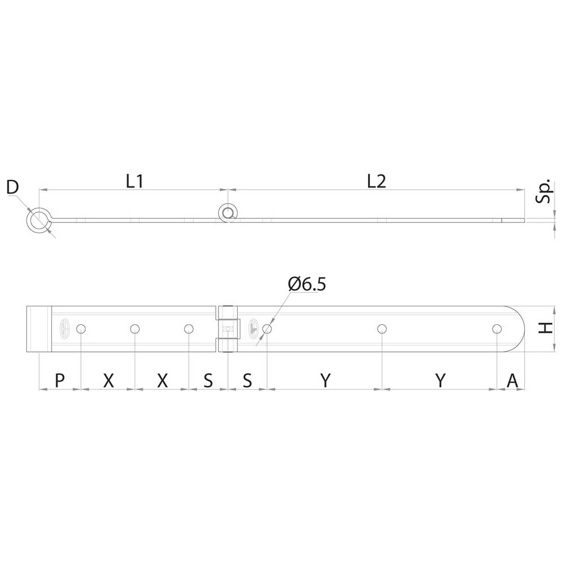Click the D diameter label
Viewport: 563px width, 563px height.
[13, 187]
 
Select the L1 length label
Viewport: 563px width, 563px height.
[135, 181]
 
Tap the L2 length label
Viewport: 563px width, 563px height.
[376, 181]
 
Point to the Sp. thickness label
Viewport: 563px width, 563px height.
[544, 191]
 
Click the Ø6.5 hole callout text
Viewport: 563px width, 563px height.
[307, 284]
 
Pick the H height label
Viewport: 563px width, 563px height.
[546, 328]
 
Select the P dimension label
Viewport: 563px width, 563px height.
[60, 380]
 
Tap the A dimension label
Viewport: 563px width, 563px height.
[512, 380]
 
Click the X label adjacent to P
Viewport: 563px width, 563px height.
[109, 380]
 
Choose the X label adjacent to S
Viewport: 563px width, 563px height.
[162, 380]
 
